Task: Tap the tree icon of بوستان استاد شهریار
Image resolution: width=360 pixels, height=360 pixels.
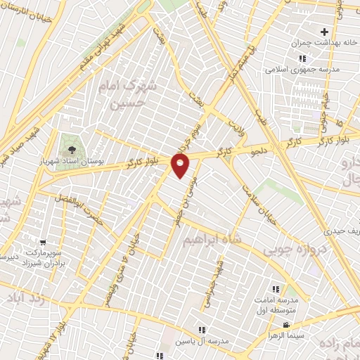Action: [73, 149]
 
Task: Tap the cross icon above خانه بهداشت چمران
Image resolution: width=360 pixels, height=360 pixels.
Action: [324, 32]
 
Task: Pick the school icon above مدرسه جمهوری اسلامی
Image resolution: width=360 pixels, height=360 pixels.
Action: [302, 59]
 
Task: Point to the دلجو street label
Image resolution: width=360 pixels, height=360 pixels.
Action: [261, 149]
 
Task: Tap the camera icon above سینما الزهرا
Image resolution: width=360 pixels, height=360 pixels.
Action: [287, 325]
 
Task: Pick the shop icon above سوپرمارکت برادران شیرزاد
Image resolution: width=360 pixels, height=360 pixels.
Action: [44, 242]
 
